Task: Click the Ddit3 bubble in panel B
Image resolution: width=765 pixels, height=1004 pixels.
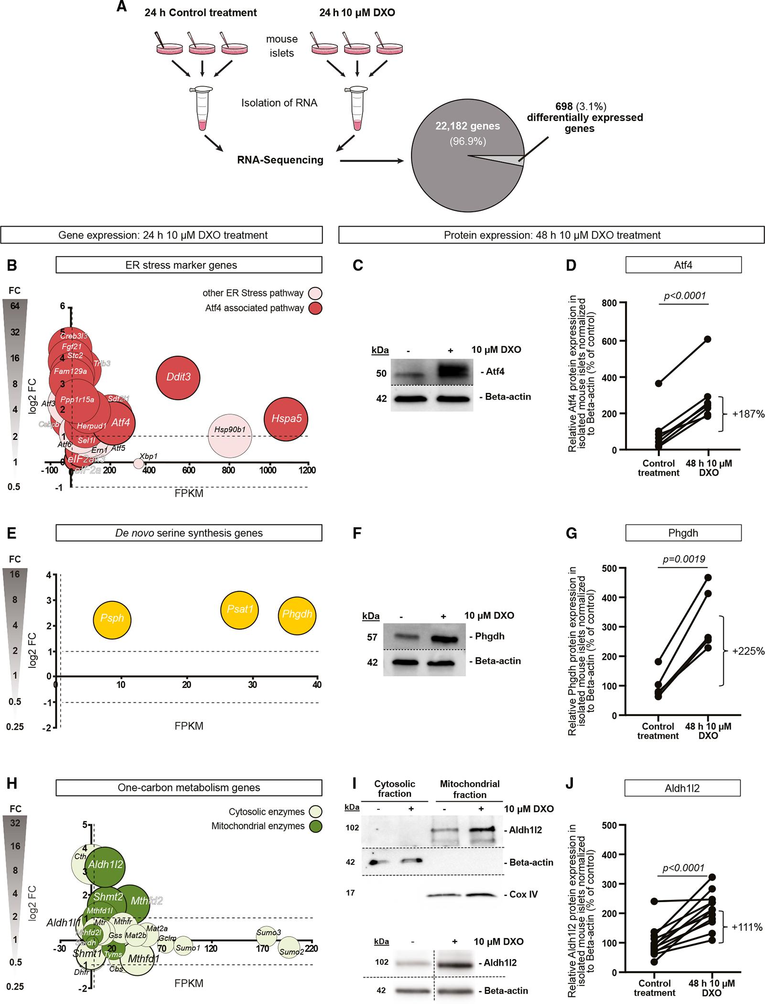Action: tap(178, 377)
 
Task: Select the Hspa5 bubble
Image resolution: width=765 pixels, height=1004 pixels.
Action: tap(286, 419)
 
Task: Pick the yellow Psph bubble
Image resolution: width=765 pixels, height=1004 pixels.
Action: tap(112, 620)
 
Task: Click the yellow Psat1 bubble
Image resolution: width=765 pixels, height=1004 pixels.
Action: tap(239, 610)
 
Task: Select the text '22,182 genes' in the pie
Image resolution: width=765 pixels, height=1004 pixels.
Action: tap(467, 126)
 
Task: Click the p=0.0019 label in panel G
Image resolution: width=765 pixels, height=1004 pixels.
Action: tap(683, 559)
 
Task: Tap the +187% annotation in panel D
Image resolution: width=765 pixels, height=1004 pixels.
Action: tap(748, 415)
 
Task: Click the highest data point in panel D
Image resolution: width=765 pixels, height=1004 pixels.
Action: tap(708, 339)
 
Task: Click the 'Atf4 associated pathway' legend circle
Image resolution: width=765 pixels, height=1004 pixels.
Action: tap(315, 308)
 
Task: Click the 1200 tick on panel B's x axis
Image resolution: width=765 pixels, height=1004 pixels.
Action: tap(307, 470)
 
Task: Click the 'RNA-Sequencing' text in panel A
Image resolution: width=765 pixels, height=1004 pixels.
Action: tap(280, 160)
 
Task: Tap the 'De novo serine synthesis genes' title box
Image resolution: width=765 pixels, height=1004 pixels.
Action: tap(189, 533)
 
